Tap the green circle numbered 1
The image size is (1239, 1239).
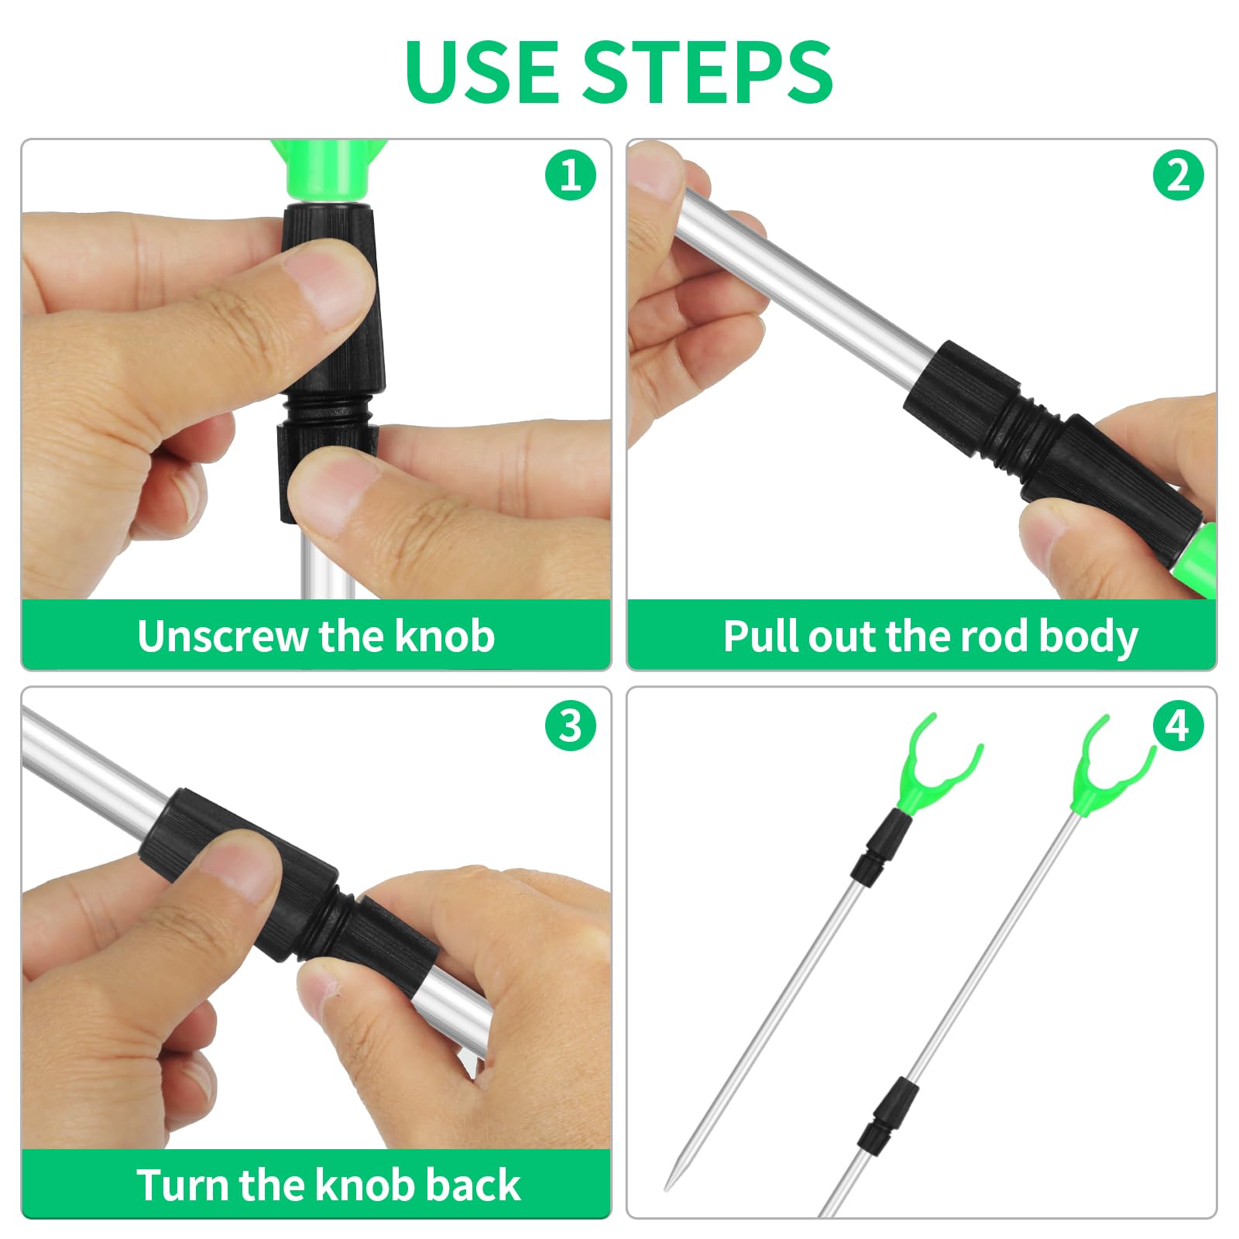coord(571,175)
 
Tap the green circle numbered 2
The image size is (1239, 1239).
coord(1178,175)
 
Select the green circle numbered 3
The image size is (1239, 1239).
coord(571,726)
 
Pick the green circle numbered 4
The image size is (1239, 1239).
coord(1178,726)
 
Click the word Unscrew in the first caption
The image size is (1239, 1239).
coord(222,637)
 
